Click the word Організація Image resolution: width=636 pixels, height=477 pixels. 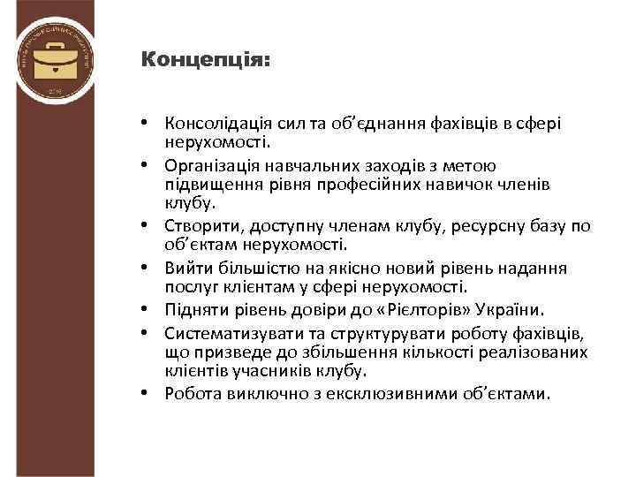point(212,165)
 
